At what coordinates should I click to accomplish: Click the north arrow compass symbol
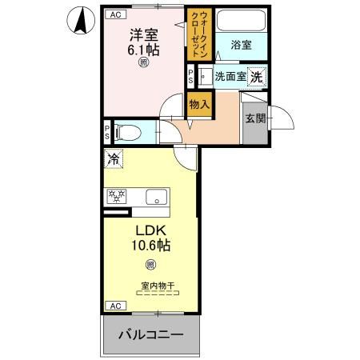click(81, 21)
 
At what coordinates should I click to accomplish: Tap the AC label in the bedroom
click(114, 14)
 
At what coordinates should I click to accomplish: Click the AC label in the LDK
click(114, 306)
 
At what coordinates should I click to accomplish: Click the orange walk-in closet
click(198, 34)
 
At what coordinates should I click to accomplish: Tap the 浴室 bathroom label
click(241, 46)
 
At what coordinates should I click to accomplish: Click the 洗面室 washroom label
click(230, 77)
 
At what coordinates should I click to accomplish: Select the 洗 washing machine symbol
click(257, 77)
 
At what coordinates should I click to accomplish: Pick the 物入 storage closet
click(199, 104)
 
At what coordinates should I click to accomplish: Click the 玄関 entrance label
click(255, 119)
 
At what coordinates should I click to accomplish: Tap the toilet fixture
click(132, 131)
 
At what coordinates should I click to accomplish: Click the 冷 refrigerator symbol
click(114, 159)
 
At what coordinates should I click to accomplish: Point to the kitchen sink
click(154, 194)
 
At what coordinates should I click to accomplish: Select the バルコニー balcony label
click(152, 334)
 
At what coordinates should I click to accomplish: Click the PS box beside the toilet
click(107, 131)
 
